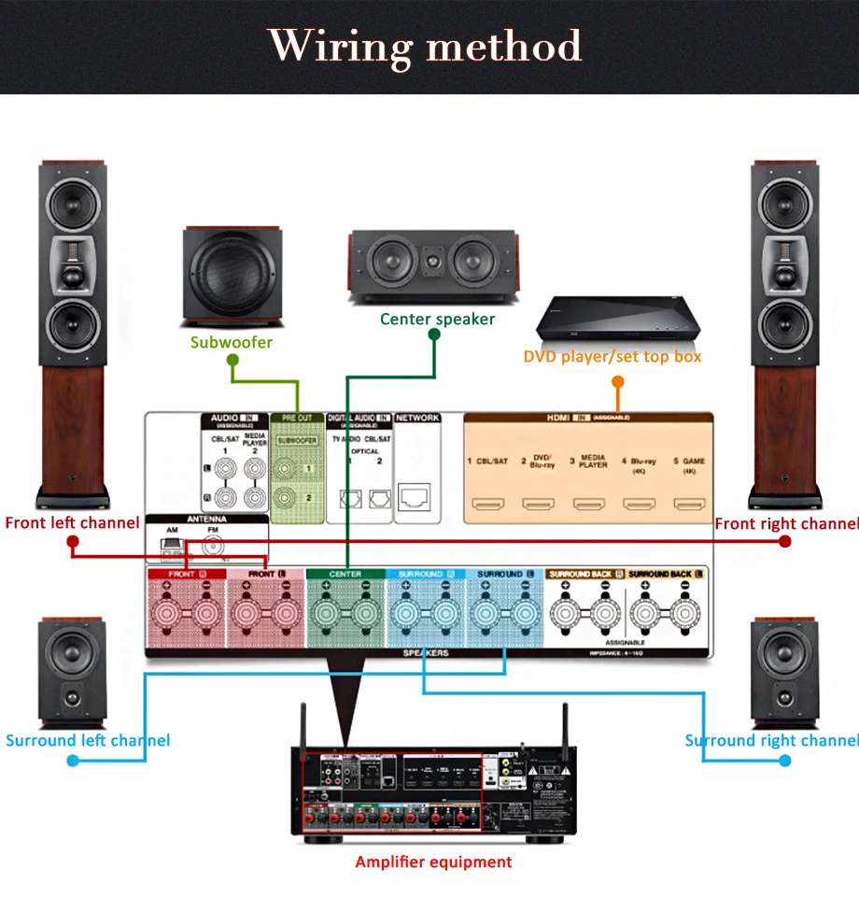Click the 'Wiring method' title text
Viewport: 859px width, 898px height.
click(425, 46)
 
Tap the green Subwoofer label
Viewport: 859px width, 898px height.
click(232, 342)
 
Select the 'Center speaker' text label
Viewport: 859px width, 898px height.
click(437, 320)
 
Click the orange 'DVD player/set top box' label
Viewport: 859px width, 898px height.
click(612, 356)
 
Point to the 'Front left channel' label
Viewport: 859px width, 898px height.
click(72, 522)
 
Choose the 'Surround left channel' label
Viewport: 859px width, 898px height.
click(88, 740)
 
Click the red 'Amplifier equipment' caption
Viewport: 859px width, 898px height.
click(433, 862)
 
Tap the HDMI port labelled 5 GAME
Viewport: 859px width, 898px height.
click(689, 506)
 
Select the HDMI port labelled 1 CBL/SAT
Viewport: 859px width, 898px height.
click(486, 506)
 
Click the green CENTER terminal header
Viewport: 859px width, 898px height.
click(345, 574)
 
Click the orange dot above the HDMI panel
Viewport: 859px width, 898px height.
click(617, 381)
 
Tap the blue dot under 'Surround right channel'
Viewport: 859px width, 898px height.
click(785, 761)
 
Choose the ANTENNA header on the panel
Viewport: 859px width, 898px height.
click(206, 519)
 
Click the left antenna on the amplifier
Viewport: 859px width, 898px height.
click(302, 724)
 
